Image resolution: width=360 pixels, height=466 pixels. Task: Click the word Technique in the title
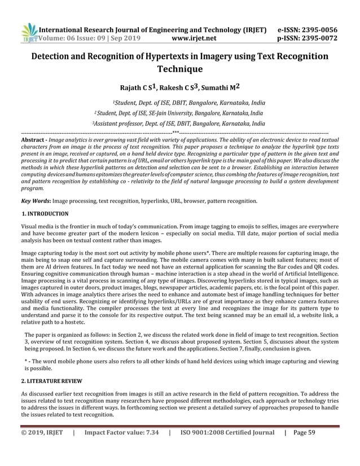180,70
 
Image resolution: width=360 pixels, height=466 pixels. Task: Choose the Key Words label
37,200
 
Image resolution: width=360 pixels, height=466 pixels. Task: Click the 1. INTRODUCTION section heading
45,214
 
